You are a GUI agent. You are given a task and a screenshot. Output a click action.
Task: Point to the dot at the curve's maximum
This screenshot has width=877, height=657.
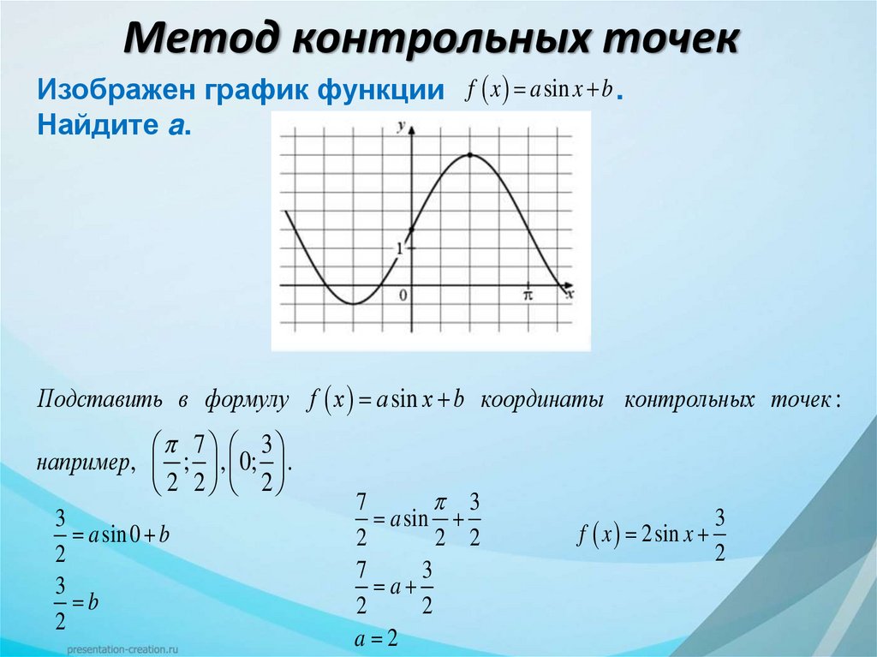(x=470, y=155)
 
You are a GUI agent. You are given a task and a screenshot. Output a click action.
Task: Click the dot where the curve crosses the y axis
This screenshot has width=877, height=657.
(x=411, y=230)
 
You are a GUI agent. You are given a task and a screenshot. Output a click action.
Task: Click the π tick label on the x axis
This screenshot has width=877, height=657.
(x=528, y=295)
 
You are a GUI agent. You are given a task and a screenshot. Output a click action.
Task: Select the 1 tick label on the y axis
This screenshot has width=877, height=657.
(x=398, y=249)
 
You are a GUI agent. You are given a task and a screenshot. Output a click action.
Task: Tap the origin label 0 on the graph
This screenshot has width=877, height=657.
(x=403, y=296)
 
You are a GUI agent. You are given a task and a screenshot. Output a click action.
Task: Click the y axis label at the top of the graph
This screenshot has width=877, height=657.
(x=400, y=127)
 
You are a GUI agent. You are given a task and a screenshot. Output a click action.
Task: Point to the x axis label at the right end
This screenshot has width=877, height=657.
(x=569, y=293)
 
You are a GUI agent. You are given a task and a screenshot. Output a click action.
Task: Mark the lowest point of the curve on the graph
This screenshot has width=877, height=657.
(x=352, y=303)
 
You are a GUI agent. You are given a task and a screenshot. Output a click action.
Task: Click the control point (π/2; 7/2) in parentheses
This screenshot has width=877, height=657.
(x=186, y=463)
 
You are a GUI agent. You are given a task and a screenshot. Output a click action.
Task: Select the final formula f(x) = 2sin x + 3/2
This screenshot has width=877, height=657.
(x=652, y=536)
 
